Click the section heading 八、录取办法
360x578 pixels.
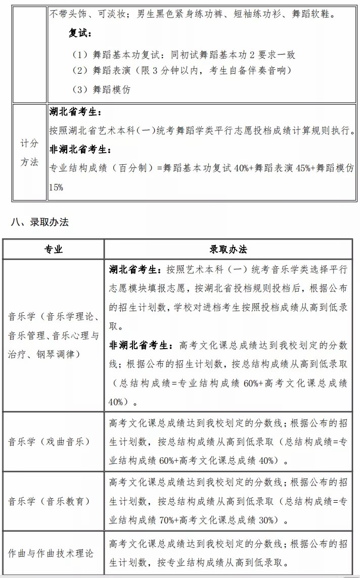click(39, 222)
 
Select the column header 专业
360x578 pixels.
click(54, 249)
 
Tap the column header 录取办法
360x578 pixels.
click(229, 249)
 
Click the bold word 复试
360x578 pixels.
click(79, 33)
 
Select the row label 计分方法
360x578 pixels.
click(29, 153)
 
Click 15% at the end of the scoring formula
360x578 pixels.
click(56, 187)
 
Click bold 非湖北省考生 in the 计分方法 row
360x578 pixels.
click(80, 150)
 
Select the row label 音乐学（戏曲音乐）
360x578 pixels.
click(49, 441)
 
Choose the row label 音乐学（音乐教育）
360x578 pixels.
click(49, 501)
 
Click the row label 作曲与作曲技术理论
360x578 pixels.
click(51, 553)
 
